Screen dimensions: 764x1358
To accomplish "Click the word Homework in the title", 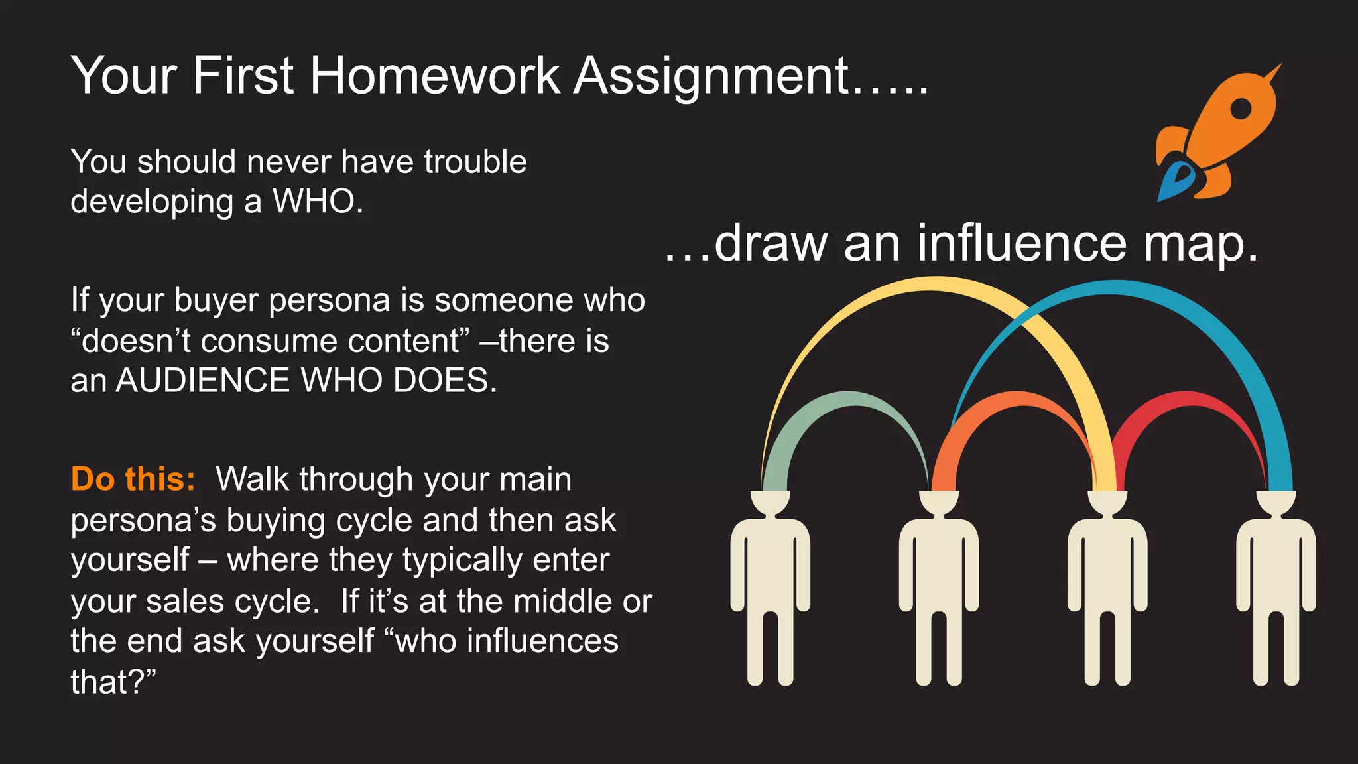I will pyautogui.click(x=434, y=76).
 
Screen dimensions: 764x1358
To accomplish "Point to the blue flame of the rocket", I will pyautogui.click(x=1174, y=182).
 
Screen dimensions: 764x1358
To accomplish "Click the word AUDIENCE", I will pyautogui.click(x=203, y=381).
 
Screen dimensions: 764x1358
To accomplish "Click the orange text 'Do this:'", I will pyautogui.click(x=133, y=479).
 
